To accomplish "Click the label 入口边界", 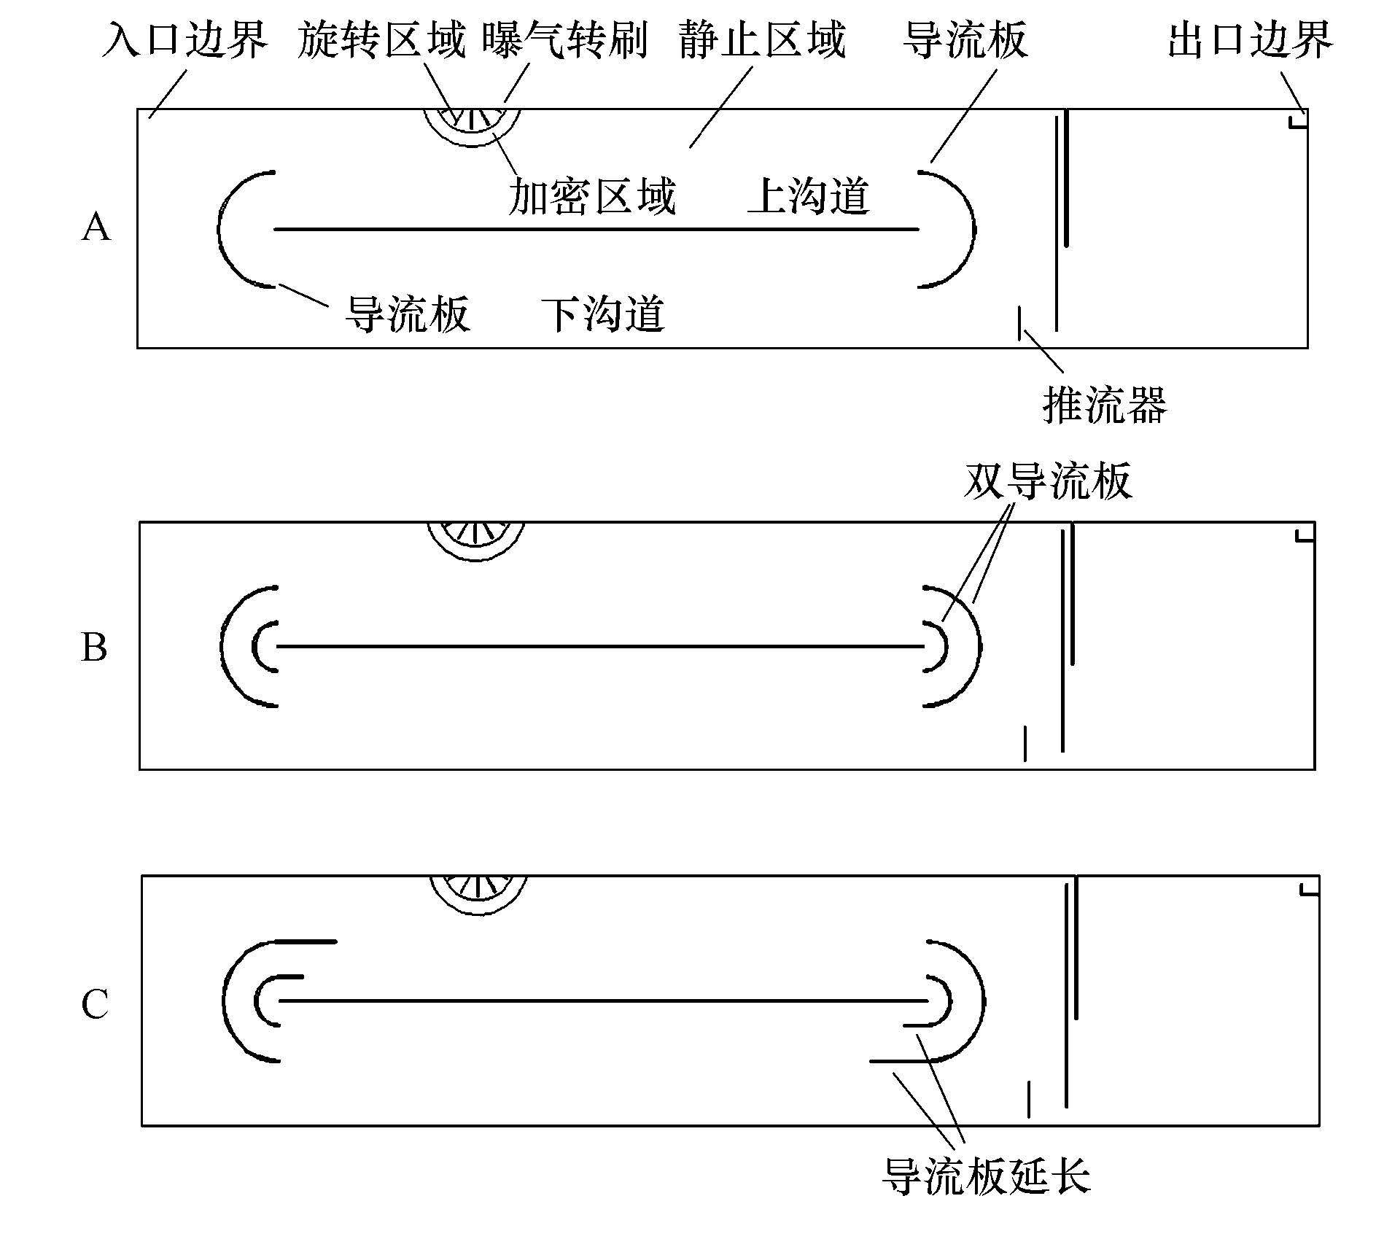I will (x=184, y=39).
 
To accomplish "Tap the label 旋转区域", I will (x=381, y=39).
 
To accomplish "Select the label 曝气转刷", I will (x=565, y=39).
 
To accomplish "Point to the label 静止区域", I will (x=762, y=39).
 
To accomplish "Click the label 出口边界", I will (x=1250, y=39).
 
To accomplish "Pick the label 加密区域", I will (x=591, y=196).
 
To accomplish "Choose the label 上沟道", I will (x=809, y=196).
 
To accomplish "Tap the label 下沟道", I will (x=602, y=314).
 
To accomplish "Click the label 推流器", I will (x=1105, y=405).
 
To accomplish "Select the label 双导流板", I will (x=1048, y=481).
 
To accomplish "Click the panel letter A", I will (x=96, y=228).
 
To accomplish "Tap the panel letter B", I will (x=94, y=647).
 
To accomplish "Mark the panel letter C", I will (x=95, y=1004).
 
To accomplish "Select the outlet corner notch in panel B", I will (x=1305, y=536).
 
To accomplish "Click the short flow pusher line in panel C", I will (x=1028, y=1099).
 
